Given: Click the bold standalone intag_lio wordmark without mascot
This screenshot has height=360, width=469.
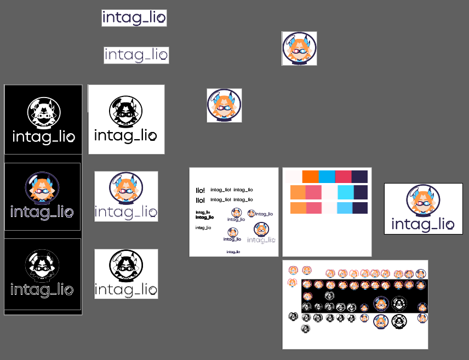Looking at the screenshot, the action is click(134, 18).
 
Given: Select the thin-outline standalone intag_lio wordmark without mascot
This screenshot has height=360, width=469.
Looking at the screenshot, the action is click(136, 55).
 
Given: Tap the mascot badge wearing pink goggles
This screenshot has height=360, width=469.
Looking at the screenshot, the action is click(299, 48).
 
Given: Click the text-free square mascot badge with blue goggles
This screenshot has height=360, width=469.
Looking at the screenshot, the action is click(224, 105).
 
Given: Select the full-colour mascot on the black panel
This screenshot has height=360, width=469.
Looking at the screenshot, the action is click(42, 188).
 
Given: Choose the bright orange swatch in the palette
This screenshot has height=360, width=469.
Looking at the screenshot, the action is click(310, 177).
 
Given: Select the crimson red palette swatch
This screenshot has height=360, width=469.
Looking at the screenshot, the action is click(343, 177).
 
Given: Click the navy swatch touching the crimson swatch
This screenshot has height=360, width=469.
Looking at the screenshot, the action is click(359, 177).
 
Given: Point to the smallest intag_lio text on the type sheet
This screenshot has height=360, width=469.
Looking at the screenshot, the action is click(234, 252).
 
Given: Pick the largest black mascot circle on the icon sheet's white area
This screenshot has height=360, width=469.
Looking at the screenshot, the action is click(399, 322).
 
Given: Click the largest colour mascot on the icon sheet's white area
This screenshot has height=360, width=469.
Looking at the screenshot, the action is click(382, 322).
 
